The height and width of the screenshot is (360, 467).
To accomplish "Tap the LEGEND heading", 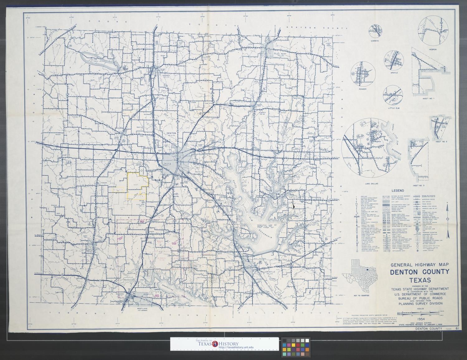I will [398, 191].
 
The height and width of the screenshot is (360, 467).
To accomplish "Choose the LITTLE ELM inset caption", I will [393, 108].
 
